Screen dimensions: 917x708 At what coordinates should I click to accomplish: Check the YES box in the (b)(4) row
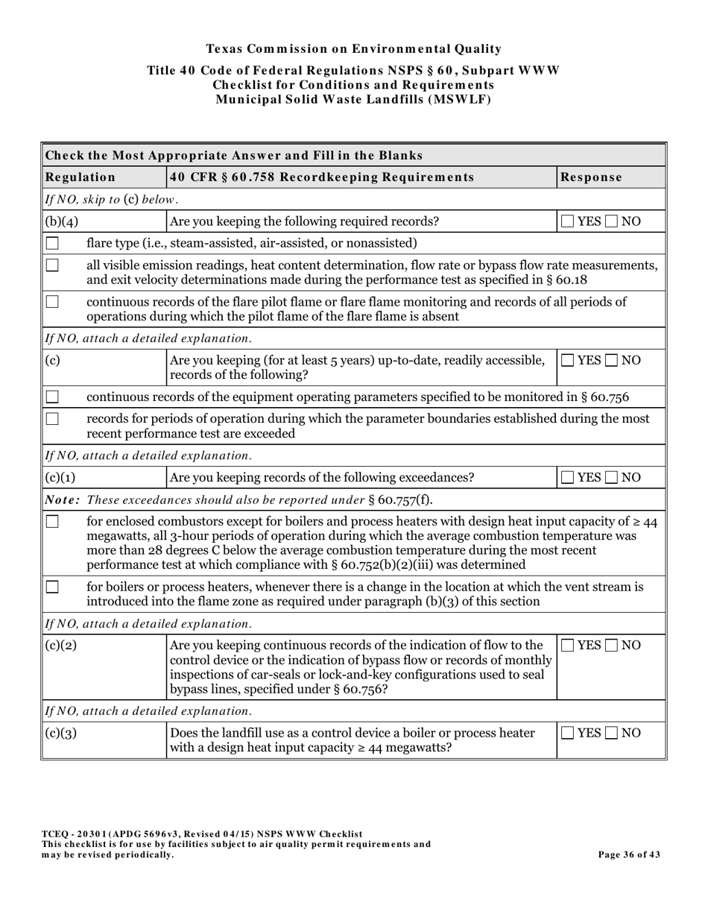(568, 221)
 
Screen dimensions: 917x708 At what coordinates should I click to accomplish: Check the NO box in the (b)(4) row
(613, 221)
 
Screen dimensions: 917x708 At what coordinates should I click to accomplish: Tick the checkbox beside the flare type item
(52, 243)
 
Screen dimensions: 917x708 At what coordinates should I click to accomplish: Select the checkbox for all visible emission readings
(52, 265)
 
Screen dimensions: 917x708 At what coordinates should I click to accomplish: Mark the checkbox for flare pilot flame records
(52, 302)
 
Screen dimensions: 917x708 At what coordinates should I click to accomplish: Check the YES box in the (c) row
(568, 360)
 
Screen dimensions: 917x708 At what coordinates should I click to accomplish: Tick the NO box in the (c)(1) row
(613, 477)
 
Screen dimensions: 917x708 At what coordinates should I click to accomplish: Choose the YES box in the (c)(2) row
(568, 646)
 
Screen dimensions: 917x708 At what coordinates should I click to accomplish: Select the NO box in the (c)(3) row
(613, 733)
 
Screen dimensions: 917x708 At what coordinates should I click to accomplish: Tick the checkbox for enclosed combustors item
(52, 522)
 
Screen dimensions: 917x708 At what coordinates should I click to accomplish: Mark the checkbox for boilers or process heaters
(52, 587)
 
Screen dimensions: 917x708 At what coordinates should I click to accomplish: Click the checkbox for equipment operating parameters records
(52, 397)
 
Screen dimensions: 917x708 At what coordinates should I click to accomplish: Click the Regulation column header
(80, 177)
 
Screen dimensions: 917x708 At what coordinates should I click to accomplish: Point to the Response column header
(591, 177)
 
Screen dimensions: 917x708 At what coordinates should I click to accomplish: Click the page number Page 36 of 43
(629, 854)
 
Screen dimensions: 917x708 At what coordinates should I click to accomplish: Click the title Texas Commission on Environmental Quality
(353, 49)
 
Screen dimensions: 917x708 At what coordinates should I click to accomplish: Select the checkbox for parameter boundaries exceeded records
(52, 419)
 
